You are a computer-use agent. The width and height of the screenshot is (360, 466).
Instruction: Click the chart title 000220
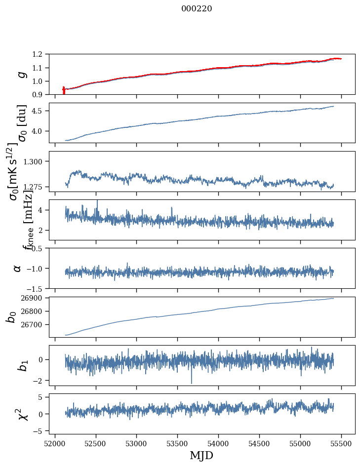(197, 9)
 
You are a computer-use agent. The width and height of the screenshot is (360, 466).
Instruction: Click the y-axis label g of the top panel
(21, 75)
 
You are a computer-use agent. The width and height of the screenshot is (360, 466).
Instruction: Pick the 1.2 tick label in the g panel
(40, 54)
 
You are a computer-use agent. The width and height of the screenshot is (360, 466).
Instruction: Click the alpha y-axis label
(17, 268)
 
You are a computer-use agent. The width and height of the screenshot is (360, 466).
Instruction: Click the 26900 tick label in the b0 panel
(35, 298)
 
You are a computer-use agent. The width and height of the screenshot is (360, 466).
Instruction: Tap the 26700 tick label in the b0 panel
(35, 325)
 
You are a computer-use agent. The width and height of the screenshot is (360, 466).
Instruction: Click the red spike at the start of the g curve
(64, 91)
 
